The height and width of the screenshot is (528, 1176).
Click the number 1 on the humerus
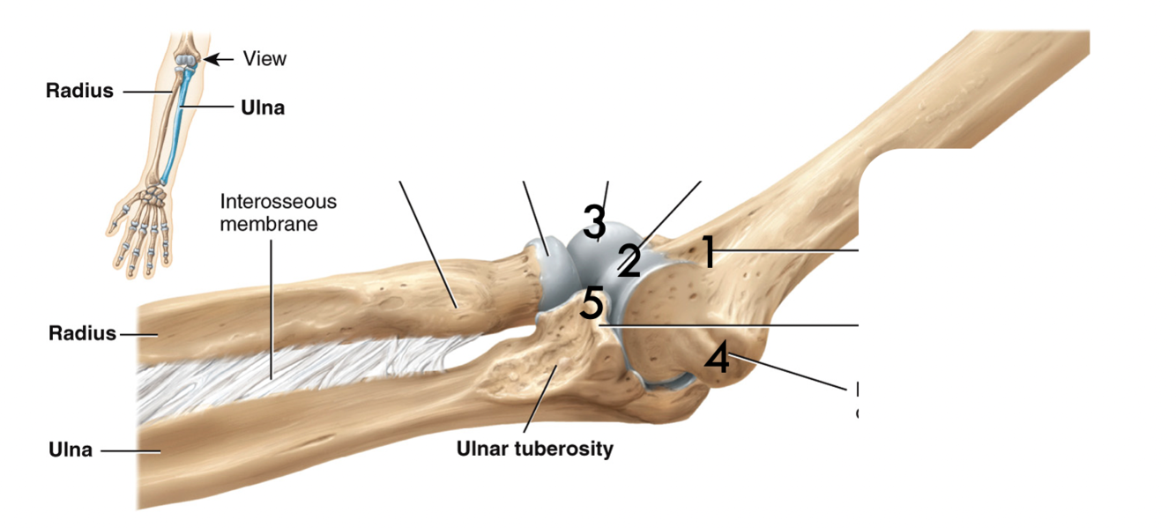click(707, 252)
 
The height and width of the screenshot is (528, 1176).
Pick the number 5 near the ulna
click(592, 305)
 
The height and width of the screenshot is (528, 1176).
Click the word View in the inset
click(264, 59)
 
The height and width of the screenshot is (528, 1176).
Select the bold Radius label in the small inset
click(79, 90)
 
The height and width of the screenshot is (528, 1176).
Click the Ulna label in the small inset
click(263, 108)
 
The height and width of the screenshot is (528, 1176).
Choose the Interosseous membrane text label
click(278, 212)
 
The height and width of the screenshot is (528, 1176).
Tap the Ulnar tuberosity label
click(534, 449)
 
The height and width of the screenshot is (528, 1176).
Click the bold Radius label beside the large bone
click(82, 333)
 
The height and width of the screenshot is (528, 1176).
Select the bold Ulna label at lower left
click(71, 450)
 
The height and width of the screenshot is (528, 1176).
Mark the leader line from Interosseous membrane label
click(272, 309)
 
